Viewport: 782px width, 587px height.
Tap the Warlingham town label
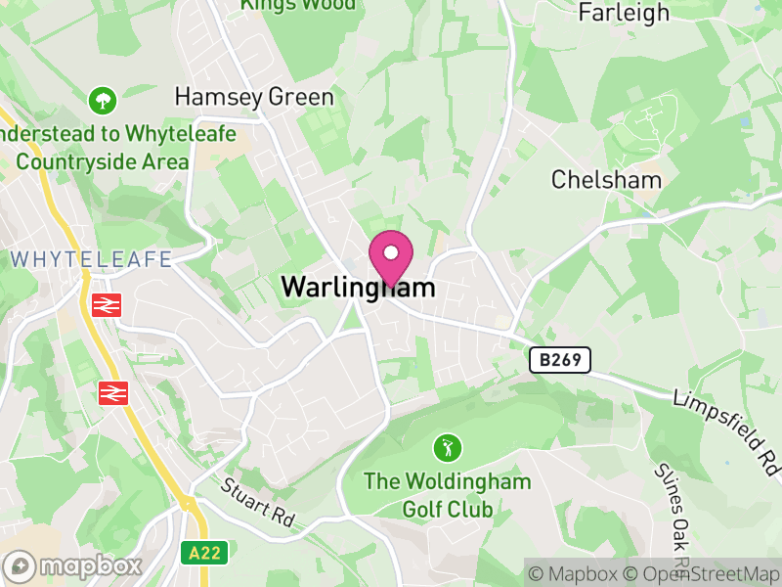pyautogui.click(x=358, y=288)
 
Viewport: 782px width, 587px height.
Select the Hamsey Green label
pyautogui.click(x=254, y=97)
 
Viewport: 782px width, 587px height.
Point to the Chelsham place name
pyautogui.click(x=606, y=180)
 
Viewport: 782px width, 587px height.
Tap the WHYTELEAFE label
pyautogui.click(x=92, y=259)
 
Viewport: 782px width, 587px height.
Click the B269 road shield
pyautogui.click(x=561, y=360)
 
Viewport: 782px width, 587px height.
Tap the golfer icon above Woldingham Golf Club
pyautogui.click(x=448, y=449)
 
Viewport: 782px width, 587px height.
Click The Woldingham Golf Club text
pyautogui.click(x=448, y=495)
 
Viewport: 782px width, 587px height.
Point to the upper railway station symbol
pyautogui.click(x=106, y=305)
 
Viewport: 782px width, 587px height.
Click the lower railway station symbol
pyautogui.click(x=113, y=393)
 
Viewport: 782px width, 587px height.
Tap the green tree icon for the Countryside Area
pyautogui.click(x=102, y=100)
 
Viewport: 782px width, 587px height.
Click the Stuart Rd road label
pyautogui.click(x=257, y=503)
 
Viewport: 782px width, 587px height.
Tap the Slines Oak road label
pyautogui.click(x=675, y=514)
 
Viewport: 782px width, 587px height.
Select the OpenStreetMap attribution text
pyautogui.click(x=703, y=574)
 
